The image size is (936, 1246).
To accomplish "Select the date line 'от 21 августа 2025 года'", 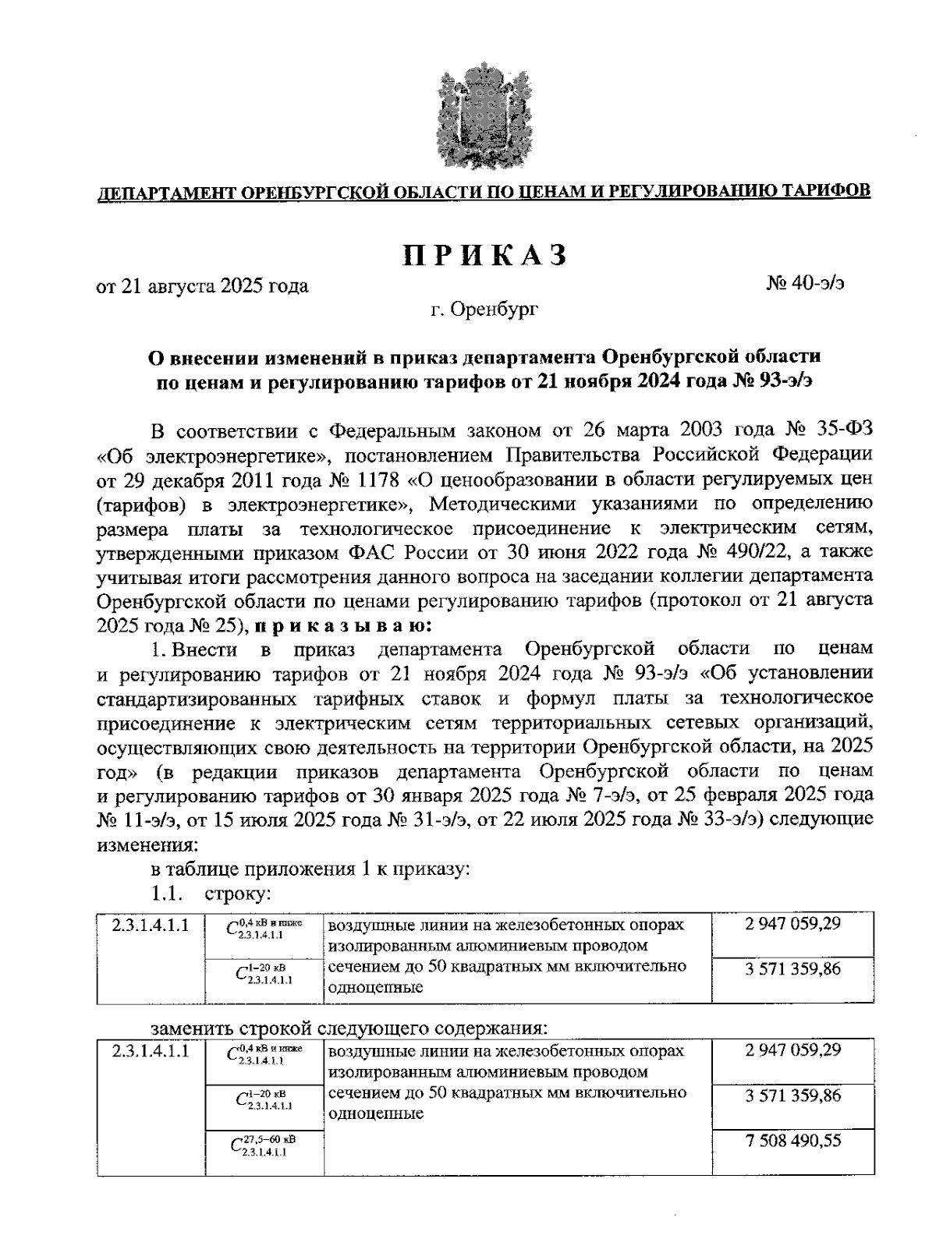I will coord(202,286).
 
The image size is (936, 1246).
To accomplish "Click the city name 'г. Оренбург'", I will coord(484,311).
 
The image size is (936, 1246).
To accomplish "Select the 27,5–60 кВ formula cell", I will coord(264,1145).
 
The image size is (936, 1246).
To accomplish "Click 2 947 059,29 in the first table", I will coord(792,924).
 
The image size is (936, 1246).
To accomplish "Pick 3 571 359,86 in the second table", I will coord(792,1096).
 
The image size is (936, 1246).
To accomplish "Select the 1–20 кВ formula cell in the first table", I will coord(264,974).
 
